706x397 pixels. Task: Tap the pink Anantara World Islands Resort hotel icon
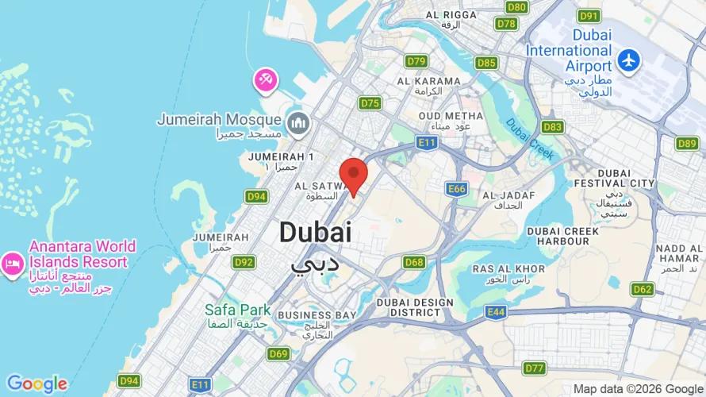tap(12, 263)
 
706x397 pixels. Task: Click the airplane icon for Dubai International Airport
tap(630, 60)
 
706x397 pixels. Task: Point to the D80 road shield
tap(516, 7)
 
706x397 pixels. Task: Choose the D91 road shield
tap(589, 16)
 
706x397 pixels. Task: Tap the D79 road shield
tap(416, 61)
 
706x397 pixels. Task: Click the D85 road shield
tap(486, 63)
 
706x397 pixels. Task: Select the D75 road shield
tap(370, 103)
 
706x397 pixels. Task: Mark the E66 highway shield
tap(456, 189)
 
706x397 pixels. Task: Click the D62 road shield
tap(643, 289)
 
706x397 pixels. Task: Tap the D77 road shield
tap(535, 368)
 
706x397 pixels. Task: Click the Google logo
tap(36, 384)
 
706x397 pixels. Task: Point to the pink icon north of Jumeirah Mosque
tap(264, 79)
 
